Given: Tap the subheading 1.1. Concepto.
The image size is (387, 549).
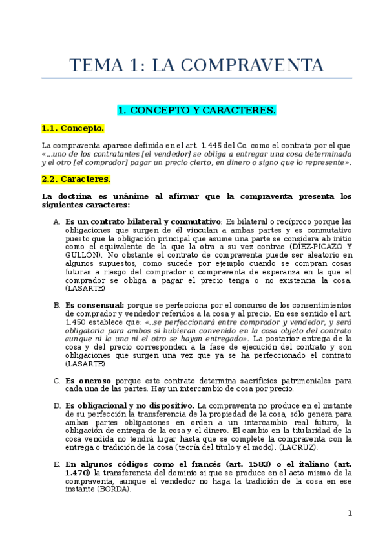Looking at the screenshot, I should (72, 128).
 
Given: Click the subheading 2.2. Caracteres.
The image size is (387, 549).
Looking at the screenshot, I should (76, 178).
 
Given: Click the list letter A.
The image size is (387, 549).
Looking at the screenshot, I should (57, 221).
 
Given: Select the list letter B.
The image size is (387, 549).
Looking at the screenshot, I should (57, 304).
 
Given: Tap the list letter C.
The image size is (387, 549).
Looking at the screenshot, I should (57, 381).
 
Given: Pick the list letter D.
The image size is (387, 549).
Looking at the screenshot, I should (57, 405).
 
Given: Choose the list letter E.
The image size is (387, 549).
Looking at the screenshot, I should (57, 464).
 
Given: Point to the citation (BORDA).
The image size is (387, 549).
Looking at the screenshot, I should (112, 489).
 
